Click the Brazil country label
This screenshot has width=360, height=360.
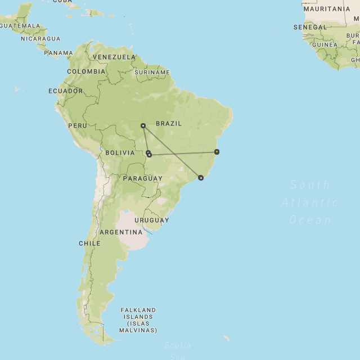[x=169, y=124]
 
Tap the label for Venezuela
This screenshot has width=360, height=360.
[x=114, y=57]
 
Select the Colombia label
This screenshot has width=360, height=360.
[x=86, y=72]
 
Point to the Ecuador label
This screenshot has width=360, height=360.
[x=65, y=91]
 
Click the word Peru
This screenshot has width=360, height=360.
[x=78, y=125]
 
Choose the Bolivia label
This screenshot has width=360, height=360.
[x=120, y=153]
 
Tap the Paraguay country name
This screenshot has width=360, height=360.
[x=142, y=178]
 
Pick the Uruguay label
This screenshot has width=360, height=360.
[x=151, y=220]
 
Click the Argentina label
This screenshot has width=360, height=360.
[x=121, y=232]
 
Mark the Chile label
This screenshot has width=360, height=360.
[x=89, y=244]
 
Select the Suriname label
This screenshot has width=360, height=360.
[x=152, y=73]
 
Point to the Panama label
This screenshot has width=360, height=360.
[x=58, y=53]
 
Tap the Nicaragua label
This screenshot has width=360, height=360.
[x=40, y=39]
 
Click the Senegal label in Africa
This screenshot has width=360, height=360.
[x=310, y=27]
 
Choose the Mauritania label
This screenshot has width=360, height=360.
[x=327, y=9]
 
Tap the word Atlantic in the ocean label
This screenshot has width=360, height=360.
[x=310, y=202]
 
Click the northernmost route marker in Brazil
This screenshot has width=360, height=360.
[x=143, y=125]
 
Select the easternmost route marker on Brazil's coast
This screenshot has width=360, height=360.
[x=217, y=152]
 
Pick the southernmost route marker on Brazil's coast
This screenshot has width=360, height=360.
[x=201, y=178]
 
